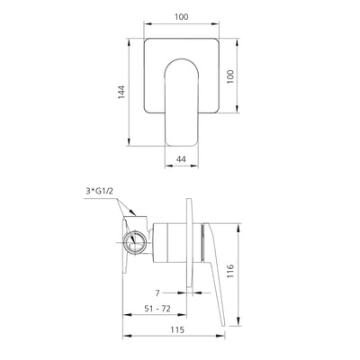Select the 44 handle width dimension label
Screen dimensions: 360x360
(181, 158)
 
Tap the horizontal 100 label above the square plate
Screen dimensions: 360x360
(181, 17)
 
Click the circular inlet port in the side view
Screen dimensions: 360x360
(136, 241)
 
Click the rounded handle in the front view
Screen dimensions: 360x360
(181, 99)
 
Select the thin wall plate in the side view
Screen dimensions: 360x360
(191, 243)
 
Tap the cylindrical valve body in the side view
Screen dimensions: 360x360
(162, 241)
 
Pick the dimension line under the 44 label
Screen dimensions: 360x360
(181, 166)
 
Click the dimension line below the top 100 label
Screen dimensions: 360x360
(181, 25)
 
